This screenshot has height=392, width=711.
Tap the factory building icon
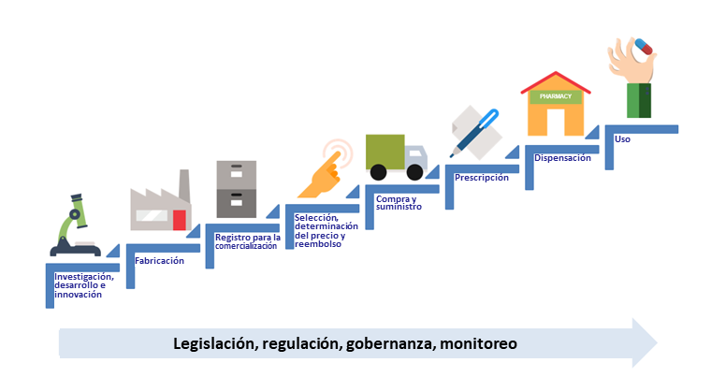(160, 207)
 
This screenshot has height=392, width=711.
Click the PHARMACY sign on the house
(555, 96)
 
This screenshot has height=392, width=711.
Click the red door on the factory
(179, 220)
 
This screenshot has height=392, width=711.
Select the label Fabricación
(160, 261)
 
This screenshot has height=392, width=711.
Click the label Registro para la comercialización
(248, 240)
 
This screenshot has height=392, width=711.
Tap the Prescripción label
(482, 177)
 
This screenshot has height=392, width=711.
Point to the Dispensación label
(562, 158)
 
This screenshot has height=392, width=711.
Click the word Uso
(623, 138)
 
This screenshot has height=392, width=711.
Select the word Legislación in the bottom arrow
(215, 343)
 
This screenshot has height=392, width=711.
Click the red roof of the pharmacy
(556, 79)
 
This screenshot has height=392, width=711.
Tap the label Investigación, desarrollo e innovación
(84, 285)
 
